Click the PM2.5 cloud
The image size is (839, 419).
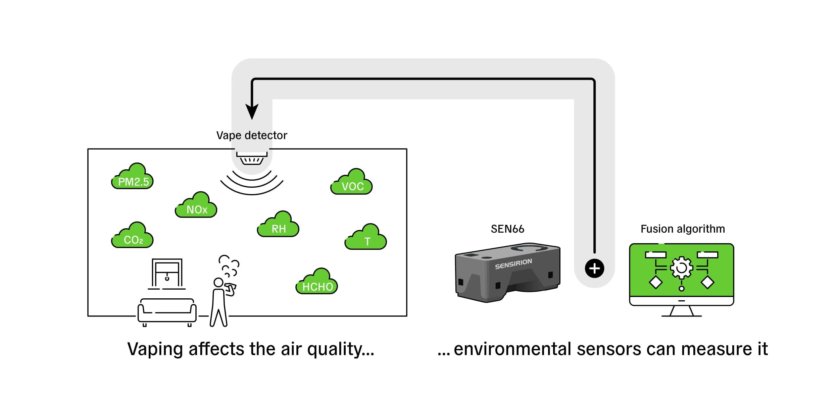[133, 178]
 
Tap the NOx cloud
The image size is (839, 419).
[196, 206]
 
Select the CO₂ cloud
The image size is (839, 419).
[133, 236]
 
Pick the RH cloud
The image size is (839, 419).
[278, 225]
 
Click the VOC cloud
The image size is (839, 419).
[352, 183]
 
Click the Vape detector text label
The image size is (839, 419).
[252, 135]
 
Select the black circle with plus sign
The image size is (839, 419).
[594, 268]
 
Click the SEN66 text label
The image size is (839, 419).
[507, 229]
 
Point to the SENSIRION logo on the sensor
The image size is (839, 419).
[513, 264]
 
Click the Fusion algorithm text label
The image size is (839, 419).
[683, 229]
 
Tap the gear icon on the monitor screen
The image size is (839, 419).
[681, 268]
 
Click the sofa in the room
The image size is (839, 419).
[167, 311]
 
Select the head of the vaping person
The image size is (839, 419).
[218, 282]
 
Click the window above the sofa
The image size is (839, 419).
[167, 273]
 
